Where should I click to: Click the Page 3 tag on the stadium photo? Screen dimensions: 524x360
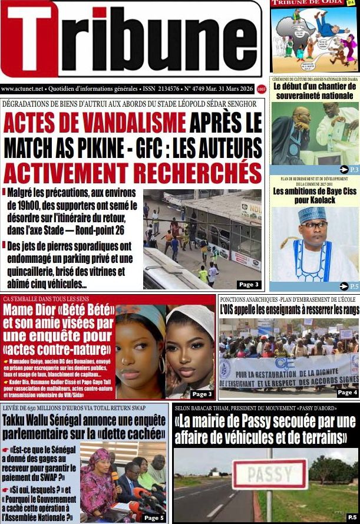[248, 285]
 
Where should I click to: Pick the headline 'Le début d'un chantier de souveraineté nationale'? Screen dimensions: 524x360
[315, 91]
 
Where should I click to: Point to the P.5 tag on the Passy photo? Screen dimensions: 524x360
[352, 517]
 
